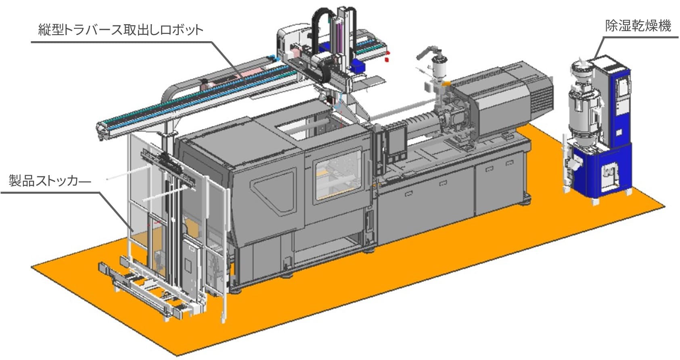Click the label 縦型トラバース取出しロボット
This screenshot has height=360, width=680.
coord(121,30)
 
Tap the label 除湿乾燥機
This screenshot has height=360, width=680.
coord(638,26)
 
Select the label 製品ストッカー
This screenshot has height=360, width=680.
coord(50,181)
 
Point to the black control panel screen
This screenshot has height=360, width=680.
coord(398,142)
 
